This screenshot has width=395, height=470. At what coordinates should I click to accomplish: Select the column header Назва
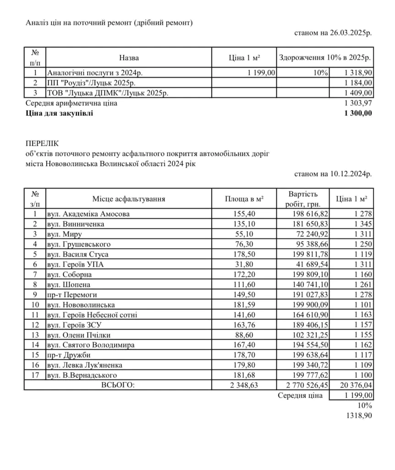coord(129,58)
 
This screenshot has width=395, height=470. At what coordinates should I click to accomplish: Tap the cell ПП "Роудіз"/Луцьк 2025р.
coord(91,83)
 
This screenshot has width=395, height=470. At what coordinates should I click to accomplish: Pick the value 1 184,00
coord(358,83)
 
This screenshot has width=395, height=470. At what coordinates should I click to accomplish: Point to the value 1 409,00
coord(358,93)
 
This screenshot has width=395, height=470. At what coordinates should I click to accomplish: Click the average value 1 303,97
coord(358,103)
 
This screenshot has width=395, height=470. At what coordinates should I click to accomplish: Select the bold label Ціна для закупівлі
coord(59,113)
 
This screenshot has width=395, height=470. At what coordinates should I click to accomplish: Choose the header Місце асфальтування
coord(129,199)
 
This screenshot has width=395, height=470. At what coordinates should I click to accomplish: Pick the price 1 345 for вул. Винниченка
coord(362,224)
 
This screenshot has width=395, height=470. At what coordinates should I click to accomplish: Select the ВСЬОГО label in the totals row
coord(118,385)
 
